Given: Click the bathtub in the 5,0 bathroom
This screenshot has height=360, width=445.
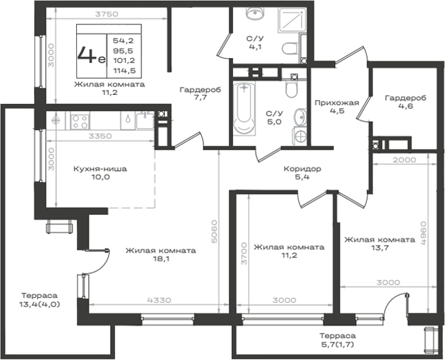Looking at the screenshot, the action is [x=244, y=110].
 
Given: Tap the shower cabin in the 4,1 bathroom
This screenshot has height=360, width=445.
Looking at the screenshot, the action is [x=293, y=20].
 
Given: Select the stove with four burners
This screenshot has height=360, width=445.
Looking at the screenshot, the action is [x=79, y=121].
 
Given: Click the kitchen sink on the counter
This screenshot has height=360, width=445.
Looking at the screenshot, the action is [x=145, y=121].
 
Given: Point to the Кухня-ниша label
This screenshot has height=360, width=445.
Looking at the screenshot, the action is [x=100, y=169].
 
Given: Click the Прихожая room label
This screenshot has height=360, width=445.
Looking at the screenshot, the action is [x=337, y=103].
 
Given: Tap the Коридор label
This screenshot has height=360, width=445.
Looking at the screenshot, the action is [x=302, y=169].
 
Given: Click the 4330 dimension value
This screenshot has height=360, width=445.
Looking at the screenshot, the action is [x=160, y=300].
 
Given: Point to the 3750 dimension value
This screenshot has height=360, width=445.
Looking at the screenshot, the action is [x=107, y=14].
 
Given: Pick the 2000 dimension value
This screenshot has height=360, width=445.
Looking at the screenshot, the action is [x=404, y=160].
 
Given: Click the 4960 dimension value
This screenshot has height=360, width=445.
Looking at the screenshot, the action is [x=424, y=233].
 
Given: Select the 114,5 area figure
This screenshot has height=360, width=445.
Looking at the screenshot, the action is [x=124, y=70].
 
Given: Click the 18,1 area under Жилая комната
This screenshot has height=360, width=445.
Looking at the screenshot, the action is [x=161, y=259].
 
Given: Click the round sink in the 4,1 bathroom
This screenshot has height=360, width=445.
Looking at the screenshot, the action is [x=255, y=14].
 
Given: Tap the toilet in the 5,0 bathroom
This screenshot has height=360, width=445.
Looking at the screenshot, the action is [x=291, y=88].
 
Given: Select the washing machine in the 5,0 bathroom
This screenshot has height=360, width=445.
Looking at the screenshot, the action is [x=300, y=137].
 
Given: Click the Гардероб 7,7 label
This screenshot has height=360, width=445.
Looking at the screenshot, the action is [x=200, y=94].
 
